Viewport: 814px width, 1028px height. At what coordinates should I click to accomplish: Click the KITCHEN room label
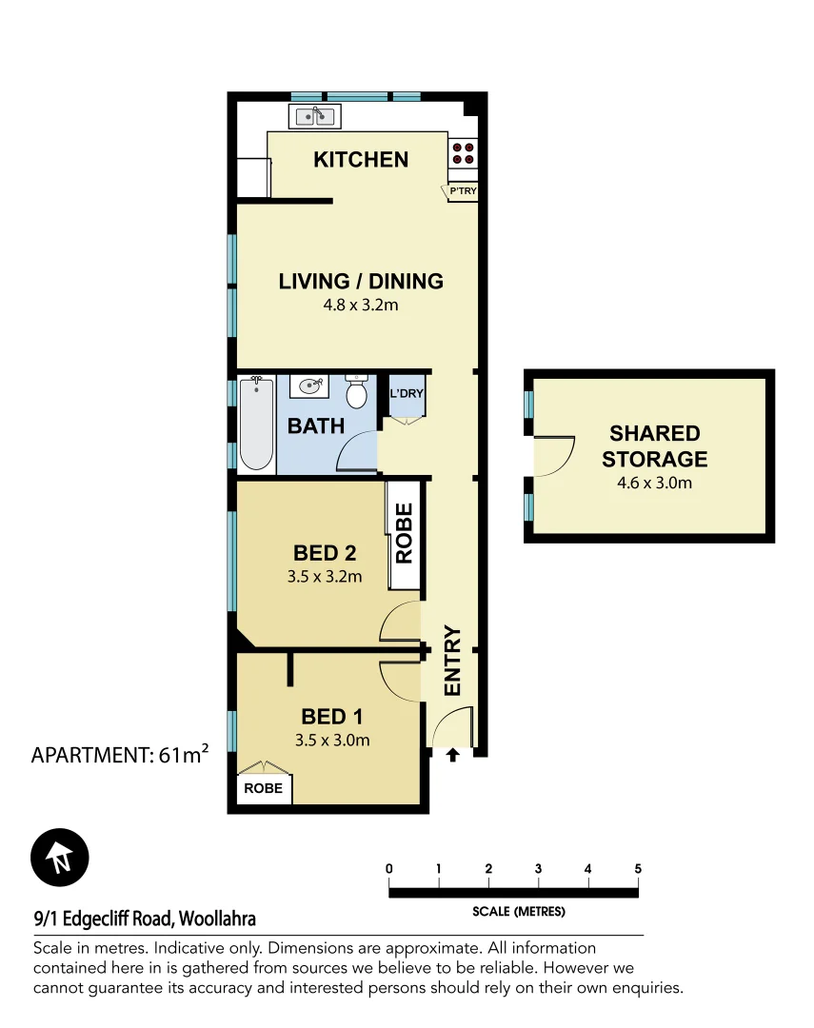tap(361, 160)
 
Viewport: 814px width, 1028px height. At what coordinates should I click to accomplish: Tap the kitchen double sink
tap(314, 117)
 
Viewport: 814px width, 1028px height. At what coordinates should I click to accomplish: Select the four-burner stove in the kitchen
tap(464, 153)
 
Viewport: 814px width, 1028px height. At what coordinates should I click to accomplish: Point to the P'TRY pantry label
tap(463, 192)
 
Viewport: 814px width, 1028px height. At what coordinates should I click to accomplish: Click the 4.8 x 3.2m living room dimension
tap(360, 306)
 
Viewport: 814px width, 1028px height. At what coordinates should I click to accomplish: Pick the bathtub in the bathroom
tap(256, 424)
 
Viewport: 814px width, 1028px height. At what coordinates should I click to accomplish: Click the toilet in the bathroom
tap(357, 391)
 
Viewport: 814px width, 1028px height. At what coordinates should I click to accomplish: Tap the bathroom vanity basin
tap(309, 386)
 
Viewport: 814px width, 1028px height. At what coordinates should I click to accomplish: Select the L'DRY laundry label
tap(407, 393)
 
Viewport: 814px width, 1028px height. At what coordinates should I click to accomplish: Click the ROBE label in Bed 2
tap(404, 535)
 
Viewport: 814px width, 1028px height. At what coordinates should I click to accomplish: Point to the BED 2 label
tap(325, 553)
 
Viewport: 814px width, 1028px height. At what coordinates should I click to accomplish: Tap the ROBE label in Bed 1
tap(263, 789)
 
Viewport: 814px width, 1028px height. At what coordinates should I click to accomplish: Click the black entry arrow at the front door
tap(453, 755)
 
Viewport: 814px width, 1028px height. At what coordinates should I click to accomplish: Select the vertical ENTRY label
tap(451, 661)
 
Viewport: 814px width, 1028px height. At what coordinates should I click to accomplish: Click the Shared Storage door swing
tap(555, 456)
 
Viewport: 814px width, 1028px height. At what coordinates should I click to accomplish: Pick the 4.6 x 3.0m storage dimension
tap(654, 483)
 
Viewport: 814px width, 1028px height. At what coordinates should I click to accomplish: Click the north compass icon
tap(59, 857)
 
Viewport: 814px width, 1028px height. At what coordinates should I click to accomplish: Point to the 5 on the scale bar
tap(638, 868)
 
